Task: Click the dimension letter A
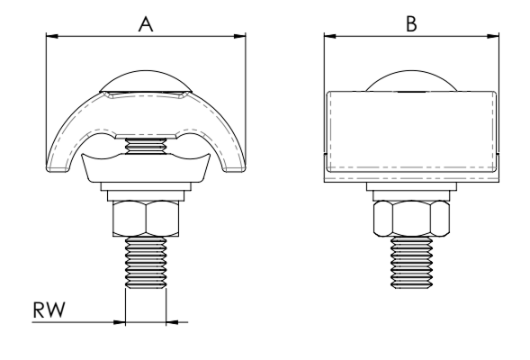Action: pos(146,24)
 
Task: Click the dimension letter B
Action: pos(411,24)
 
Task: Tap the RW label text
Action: pos(49,310)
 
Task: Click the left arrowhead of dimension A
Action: pos(52,36)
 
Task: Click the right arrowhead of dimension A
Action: pos(239,36)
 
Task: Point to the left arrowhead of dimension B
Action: pos(330,36)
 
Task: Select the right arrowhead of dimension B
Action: pos(493,36)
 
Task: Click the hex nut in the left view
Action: pos(146,219)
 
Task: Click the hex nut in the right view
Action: pos(411,219)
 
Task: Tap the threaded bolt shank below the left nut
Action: pos(146,263)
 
